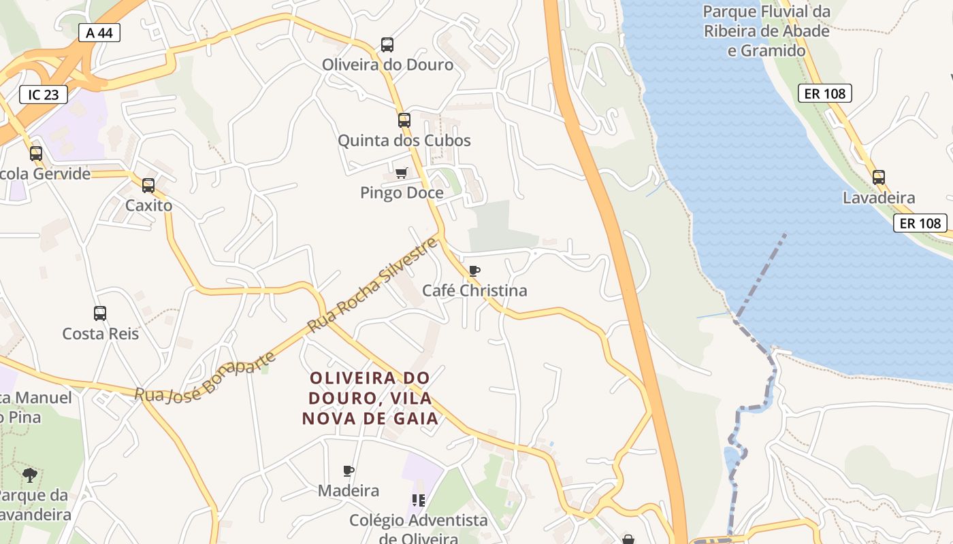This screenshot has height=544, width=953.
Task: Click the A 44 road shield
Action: (99, 32)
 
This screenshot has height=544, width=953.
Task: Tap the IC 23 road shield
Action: (44, 95)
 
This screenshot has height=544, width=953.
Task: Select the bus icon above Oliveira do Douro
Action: (387, 45)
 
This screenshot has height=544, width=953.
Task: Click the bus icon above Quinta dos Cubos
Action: (404, 120)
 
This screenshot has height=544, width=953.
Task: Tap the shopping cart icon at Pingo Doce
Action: (401, 173)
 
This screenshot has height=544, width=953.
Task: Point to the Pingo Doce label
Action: (402, 192)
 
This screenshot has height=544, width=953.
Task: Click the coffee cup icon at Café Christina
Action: (474, 271)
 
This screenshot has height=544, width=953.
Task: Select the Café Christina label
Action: (474, 290)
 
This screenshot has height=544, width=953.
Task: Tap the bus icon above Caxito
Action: (148, 185)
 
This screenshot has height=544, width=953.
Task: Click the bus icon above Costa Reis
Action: (100, 313)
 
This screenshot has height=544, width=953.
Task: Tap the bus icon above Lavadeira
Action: (879, 177)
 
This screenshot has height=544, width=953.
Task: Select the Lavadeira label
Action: (879, 198)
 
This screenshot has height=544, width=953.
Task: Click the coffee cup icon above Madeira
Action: (349, 471)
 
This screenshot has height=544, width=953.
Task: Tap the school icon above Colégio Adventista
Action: (419, 500)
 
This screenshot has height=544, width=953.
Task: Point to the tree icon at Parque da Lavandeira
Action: (29, 475)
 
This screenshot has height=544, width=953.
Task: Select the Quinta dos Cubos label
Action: (404, 141)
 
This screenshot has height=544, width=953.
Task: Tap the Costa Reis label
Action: (100, 334)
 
